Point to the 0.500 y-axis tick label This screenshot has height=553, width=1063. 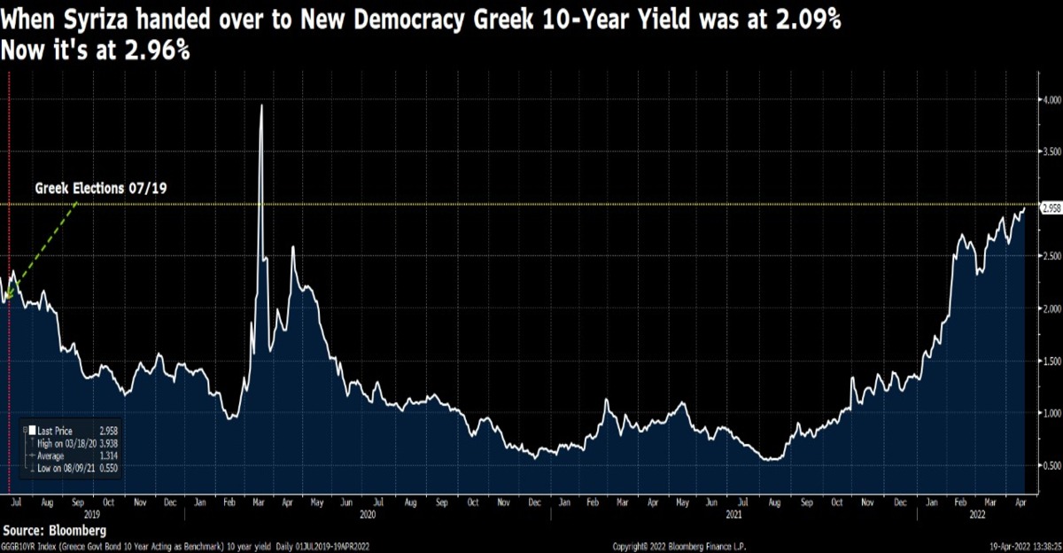coord(1051,465)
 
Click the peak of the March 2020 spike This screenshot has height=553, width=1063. coord(261,105)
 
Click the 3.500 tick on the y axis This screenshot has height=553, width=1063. coord(1051,152)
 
